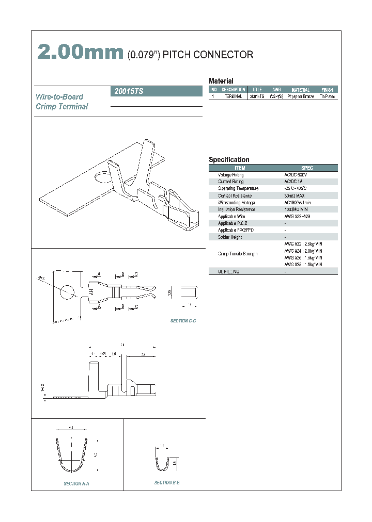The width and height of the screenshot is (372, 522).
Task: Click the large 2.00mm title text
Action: pyautogui.click(x=80, y=53)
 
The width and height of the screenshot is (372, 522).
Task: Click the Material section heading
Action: pyautogui.click(x=221, y=81)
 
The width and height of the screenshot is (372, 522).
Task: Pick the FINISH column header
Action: pyautogui.click(x=327, y=90)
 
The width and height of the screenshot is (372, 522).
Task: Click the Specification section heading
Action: pyautogui.click(x=229, y=160)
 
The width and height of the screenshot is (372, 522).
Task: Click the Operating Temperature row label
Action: pyautogui.click(x=238, y=189)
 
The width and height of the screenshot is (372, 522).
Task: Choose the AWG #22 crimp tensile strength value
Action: pyautogui.click(x=303, y=243)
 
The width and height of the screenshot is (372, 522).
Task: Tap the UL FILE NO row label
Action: pyautogui.click(x=229, y=271)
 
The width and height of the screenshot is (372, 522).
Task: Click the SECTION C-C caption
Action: pyautogui.click(x=183, y=321)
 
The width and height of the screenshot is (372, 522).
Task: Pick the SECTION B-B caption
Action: pyautogui.click(x=167, y=482)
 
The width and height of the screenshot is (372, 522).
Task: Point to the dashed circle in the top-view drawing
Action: pyautogui.click(x=66, y=291)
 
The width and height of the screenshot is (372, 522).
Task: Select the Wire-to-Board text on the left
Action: pyautogui.click(x=59, y=97)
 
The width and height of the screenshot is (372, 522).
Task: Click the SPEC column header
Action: pyautogui.click(x=307, y=168)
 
